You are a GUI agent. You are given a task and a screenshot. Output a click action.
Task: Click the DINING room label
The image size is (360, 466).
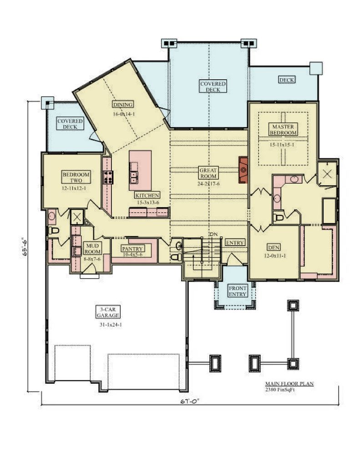pyautogui.click(x=123, y=105)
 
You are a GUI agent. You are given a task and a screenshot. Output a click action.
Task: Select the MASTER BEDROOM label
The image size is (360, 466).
pyautogui.click(x=283, y=130)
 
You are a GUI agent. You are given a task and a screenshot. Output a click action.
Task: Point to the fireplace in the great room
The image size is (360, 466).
pyautogui.click(x=243, y=170)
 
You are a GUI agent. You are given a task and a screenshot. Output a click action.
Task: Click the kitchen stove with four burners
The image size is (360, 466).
pyautogui.click(x=108, y=177)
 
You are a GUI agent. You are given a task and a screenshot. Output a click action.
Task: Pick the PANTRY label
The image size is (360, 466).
pyautogui.click(x=132, y=248)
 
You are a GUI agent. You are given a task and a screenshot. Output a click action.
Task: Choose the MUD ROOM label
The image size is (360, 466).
pyautogui.click(x=92, y=248)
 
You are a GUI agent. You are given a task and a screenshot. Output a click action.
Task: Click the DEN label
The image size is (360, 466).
pyautogui.click(x=274, y=247)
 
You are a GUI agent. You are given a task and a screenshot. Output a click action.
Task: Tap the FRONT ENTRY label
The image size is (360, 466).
pyautogui.click(x=238, y=291)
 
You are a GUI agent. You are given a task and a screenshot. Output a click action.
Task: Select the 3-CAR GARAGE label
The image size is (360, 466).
pyautogui.click(x=108, y=312)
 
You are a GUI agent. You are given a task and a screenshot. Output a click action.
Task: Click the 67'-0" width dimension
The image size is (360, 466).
pyautogui.click(x=189, y=401)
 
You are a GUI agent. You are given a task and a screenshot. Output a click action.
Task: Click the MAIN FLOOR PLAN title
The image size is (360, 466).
pyautogui.click(x=289, y=384)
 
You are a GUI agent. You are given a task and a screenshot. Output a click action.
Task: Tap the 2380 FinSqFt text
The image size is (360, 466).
pyautogui.click(x=280, y=390)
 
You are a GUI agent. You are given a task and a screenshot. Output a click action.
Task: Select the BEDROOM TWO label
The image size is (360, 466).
pyautogui.click(x=76, y=177)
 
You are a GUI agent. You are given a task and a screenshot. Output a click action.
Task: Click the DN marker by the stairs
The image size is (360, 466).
pyautogui.click(x=213, y=234)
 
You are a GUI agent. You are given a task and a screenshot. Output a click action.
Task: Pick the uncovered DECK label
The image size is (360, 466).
pyautogui.click(x=287, y=80)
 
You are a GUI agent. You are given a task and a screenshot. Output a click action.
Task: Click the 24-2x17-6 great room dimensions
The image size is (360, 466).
pyautogui.click(x=208, y=184)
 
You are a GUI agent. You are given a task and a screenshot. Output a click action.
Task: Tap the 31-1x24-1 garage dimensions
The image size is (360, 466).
pyautogui.click(x=111, y=325)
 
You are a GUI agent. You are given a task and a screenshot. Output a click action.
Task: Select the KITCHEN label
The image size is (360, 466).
pyautogui.click(x=147, y=195)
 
